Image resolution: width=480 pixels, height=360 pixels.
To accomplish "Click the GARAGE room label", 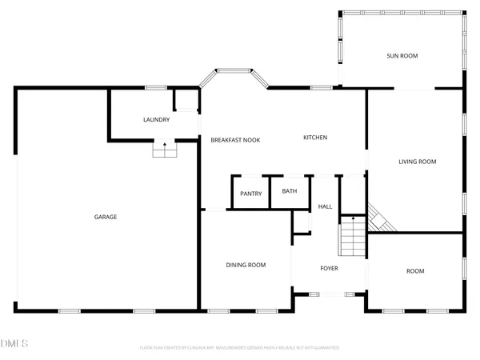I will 106,217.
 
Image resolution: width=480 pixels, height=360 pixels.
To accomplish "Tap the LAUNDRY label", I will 156,120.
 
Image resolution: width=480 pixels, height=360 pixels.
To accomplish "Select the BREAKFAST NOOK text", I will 235,140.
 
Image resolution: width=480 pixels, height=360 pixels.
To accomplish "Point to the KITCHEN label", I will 314,138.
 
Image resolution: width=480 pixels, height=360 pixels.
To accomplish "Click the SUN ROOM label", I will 402,56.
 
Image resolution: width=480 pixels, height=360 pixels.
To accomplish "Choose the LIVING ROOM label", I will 417,162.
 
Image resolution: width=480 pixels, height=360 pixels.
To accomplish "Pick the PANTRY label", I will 251,194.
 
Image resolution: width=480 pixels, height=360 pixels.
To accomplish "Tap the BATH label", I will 289,191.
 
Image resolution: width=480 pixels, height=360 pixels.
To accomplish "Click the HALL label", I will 325,207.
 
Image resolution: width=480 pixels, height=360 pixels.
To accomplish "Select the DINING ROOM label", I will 246,265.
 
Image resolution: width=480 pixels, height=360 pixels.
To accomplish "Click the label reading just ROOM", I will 415,271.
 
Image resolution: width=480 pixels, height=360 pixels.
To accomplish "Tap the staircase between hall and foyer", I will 352,237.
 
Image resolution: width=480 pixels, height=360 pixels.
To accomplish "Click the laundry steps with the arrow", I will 165,150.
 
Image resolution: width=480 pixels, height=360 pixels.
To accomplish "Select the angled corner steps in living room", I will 378,220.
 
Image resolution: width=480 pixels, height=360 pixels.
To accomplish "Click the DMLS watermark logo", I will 14,344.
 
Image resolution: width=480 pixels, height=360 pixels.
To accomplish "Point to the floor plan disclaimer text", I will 239,348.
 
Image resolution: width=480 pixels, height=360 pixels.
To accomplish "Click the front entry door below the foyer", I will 329,295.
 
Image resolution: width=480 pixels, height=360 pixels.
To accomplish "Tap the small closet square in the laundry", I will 186,99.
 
